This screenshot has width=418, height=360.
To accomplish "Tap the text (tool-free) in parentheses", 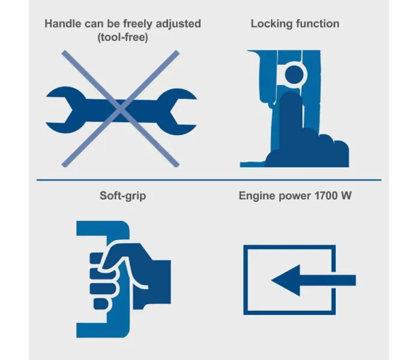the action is click(123, 37).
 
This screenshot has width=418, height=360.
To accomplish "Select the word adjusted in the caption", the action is click(178, 24).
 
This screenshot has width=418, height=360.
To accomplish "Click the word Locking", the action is click(271, 24).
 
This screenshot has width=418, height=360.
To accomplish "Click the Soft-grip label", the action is click(123, 196).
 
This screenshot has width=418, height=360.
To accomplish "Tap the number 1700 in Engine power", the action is click(326, 196).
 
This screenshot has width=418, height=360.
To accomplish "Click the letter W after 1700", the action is click(346, 196).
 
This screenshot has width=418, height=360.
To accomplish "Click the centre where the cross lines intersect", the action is click(121, 109).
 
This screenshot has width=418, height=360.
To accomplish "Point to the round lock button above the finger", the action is click(294, 74).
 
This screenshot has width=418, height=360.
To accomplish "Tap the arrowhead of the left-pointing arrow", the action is click(286, 280).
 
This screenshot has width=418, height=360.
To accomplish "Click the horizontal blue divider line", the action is click(209, 180).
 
